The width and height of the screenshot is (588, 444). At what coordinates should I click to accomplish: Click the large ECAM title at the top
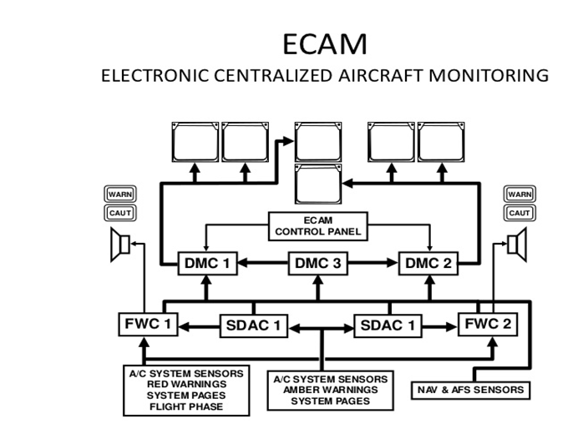[x=324, y=42]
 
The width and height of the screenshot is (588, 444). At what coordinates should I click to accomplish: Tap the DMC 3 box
[x=317, y=264]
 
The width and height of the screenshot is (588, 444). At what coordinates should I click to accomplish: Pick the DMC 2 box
[x=428, y=264]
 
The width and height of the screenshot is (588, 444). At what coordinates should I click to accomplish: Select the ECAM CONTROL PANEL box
[x=318, y=225]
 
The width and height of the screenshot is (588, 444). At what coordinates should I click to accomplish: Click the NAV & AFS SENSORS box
[x=470, y=389]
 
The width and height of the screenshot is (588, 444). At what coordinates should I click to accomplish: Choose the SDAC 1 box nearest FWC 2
[x=386, y=325]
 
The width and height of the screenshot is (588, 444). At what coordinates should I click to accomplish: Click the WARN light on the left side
[x=119, y=194]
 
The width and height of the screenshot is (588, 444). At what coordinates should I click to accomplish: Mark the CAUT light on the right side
[x=519, y=213]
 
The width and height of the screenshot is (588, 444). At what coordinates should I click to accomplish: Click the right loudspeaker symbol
[x=519, y=245]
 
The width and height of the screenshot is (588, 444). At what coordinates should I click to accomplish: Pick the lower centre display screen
[x=318, y=184]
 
